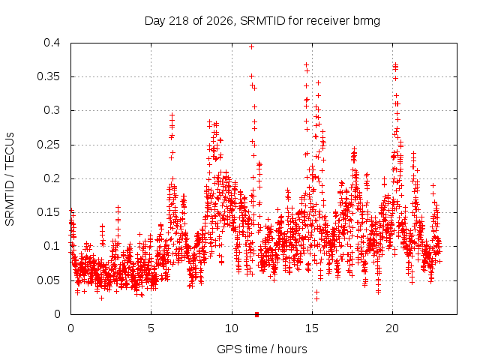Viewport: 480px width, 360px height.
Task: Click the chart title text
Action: [x=262, y=21]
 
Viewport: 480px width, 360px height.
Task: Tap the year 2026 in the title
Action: [x=220, y=21]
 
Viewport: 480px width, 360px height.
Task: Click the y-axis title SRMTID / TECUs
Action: [x=10, y=179]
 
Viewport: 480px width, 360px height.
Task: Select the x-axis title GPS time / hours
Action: [x=262, y=349]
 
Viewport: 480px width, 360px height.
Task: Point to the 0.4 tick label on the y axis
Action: [x=52, y=43]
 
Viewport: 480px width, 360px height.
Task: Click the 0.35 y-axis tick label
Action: [x=48, y=76]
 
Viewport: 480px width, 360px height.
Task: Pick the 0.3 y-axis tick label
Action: [x=52, y=110]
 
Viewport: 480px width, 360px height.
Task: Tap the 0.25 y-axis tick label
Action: [x=48, y=145]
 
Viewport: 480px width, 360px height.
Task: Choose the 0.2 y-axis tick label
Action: [x=52, y=178]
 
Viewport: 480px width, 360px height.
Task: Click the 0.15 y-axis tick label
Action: [x=48, y=212]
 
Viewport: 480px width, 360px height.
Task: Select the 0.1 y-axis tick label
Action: [x=52, y=246]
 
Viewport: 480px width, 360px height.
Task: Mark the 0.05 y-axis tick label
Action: [x=48, y=280]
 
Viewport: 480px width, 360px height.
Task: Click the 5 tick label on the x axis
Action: [x=151, y=328]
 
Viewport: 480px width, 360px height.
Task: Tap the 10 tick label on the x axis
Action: [x=232, y=328]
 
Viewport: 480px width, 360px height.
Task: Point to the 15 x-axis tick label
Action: [x=312, y=328]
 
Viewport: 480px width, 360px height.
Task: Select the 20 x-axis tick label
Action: [x=392, y=328]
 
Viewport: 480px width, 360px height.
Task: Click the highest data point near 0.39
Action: [x=252, y=46]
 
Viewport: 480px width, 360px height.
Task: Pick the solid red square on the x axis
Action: [x=256, y=314]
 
